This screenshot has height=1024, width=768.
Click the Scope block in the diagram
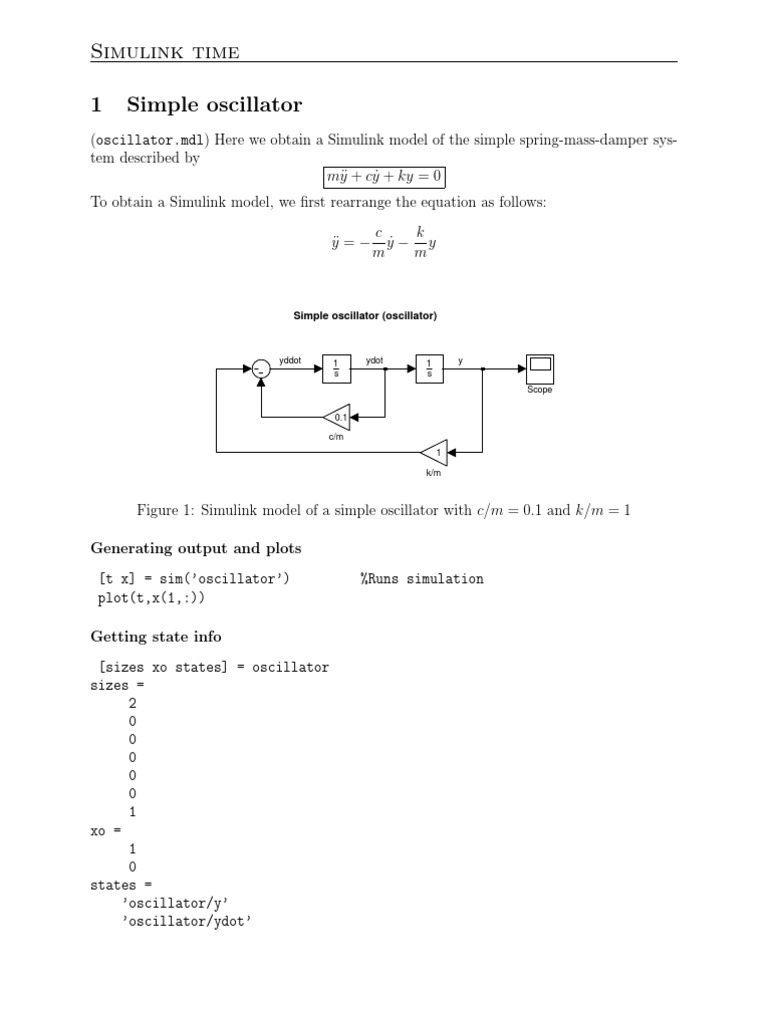[540, 369]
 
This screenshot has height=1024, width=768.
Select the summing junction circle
[260, 369]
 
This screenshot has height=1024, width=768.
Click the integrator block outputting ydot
[336, 369]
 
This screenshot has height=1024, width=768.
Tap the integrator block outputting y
[430, 369]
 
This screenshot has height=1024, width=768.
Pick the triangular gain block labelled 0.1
[337, 417]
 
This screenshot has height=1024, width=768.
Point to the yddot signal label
[291, 360]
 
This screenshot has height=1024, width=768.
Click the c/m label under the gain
[336, 437]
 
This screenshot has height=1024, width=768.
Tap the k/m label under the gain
[433, 473]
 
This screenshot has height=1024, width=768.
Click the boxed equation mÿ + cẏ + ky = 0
[384, 178]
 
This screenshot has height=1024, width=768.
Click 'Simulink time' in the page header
[165, 52]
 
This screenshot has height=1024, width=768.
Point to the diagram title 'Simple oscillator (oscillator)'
[365, 316]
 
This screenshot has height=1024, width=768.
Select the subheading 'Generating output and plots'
[196, 548]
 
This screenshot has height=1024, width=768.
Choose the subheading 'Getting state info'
[156, 636]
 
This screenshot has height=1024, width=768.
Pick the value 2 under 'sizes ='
[132, 703]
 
